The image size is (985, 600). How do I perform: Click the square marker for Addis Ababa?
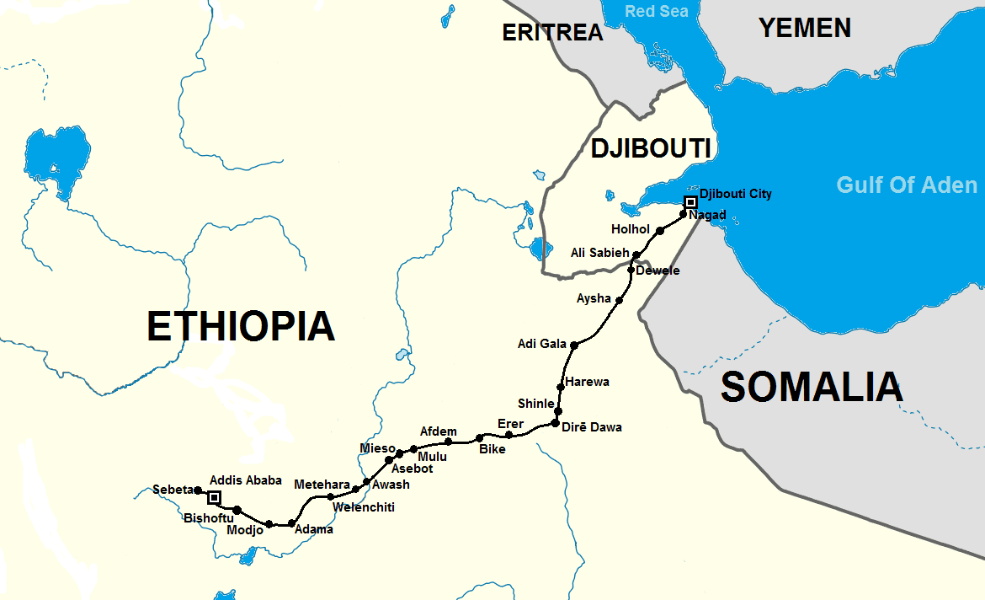click(214, 497)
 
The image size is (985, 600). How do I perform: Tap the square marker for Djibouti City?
click(690, 202)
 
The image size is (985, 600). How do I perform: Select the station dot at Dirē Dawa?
click(555, 422)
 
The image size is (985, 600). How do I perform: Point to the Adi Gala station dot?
click(574, 345)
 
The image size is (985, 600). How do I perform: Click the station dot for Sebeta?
click(198, 490)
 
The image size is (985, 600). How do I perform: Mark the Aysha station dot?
click(620, 300)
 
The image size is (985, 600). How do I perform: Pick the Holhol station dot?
click(660, 230)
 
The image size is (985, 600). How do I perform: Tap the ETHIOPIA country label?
click(241, 326)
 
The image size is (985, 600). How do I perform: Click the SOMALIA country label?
click(812, 387)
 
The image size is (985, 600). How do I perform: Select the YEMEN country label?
click(805, 28)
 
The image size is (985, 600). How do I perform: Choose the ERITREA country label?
click(552, 32)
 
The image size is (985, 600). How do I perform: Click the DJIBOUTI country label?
click(650, 148)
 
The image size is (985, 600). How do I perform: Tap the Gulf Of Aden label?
click(907, 185)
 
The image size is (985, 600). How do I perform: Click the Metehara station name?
click(322, 485)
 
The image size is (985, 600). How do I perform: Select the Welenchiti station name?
click(364, 507)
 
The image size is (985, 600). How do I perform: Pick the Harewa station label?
click(588, 382)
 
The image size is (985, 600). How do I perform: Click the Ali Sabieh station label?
click(599, 253)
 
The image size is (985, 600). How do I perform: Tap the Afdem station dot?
click(449, 441)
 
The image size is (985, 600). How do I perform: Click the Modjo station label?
click(245, 530)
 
